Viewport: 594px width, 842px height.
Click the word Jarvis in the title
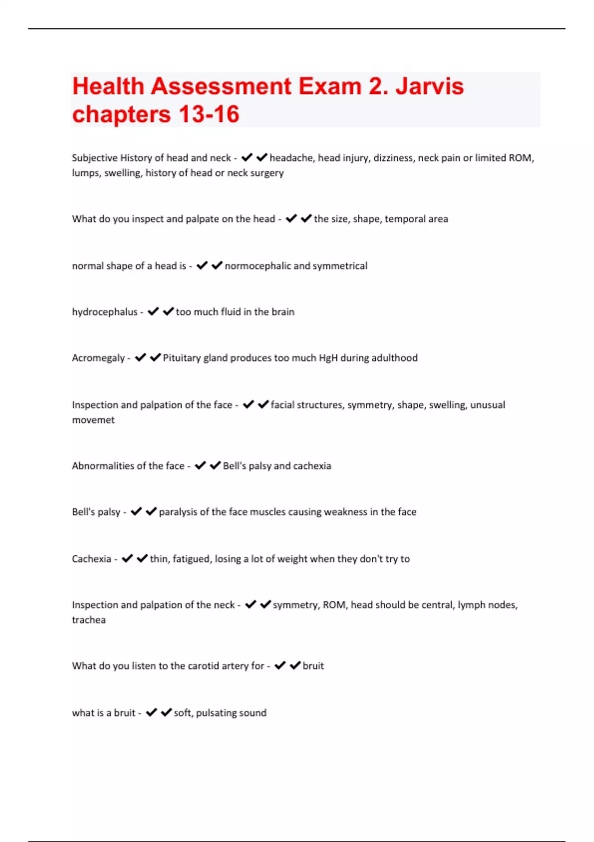[429, 86]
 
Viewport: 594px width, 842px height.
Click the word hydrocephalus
[104, 312]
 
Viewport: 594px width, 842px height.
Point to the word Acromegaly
[98, 358]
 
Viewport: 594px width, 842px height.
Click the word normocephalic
[258, 266]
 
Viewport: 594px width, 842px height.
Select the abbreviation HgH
[328, 358]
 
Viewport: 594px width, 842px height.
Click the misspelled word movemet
[93, 420]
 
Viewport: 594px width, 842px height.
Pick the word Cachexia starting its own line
[92, 559]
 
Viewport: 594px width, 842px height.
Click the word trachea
[89, 620]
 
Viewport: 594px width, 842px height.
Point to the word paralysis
[178, 512]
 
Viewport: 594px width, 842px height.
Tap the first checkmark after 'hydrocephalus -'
[153, 312]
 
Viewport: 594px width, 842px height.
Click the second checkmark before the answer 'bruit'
[295, 666]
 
